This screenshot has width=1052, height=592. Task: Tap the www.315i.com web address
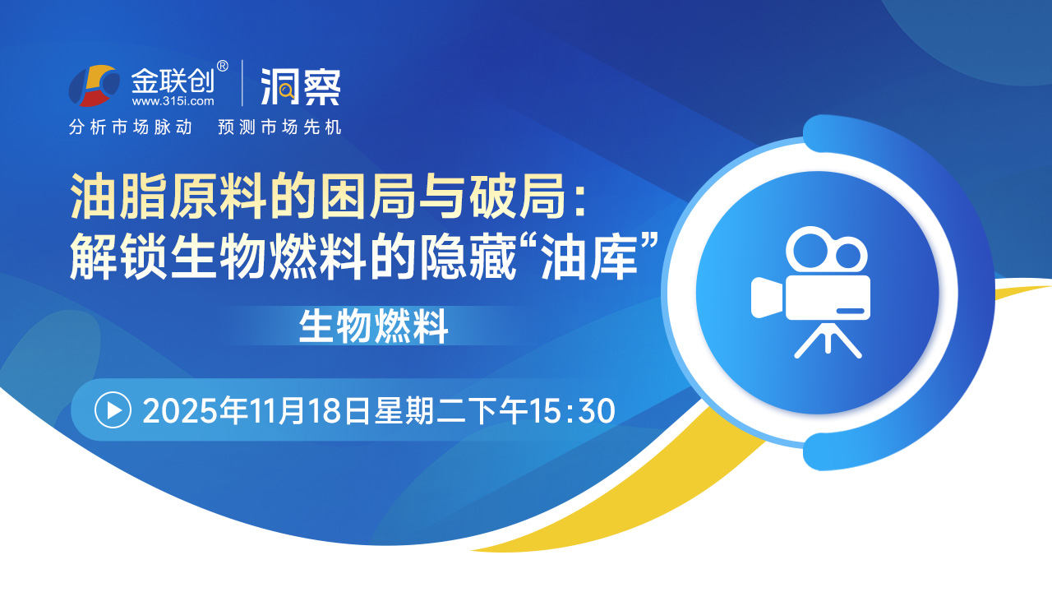tap(173, 100)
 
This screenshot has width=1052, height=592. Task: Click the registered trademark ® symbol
tap(222, 67)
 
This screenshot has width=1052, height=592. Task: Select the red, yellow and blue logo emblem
tap(94, 86)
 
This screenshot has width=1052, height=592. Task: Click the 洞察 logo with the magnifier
tap(301, 87)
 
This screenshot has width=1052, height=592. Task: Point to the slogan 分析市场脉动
tap(131, 127)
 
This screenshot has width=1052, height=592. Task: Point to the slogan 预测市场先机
tap(279, 127)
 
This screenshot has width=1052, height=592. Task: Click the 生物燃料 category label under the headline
tap(373, 326)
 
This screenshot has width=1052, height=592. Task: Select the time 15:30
tap(572, 410)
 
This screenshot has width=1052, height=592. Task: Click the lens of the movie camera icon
tap(767, 298)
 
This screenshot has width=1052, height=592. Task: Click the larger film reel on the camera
tap(810, 249)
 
